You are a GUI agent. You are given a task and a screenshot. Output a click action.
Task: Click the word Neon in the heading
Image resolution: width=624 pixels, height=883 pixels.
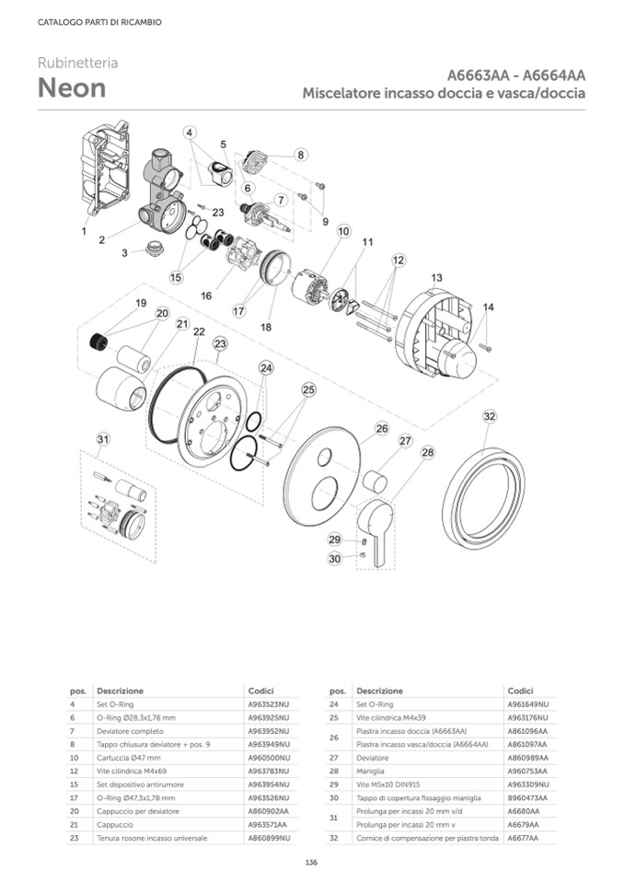(x=72, y=88)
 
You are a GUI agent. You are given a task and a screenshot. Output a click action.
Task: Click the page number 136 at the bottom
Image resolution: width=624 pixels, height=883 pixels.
(x=311, y=862)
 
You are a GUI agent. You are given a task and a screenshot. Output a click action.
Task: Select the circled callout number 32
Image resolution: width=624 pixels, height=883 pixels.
(x=490, y=417)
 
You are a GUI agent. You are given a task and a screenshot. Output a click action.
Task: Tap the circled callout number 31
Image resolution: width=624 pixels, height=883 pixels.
(x=104, y=438)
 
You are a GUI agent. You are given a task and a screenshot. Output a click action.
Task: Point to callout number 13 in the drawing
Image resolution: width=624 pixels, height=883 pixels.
(x=436, y=277)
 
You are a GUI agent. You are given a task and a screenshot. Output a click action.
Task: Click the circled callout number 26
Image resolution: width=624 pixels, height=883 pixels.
(x=382, y=428)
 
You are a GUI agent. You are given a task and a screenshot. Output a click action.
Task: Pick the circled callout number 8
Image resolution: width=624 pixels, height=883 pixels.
(x=301, y=155)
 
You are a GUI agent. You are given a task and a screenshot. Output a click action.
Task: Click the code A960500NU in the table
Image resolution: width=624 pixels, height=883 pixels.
(x=269, y=757)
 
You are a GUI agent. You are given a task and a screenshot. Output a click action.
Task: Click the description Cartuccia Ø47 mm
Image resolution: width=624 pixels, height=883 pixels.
(x=128, y=757)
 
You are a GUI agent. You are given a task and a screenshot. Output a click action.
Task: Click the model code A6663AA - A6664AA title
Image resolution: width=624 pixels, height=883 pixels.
(x=517, y=76)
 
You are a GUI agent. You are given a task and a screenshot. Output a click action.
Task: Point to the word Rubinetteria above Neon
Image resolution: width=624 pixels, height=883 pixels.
(x=77, y=64)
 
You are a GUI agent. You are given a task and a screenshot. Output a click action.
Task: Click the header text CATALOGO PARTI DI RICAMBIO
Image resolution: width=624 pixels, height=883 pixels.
(x=99, y=22)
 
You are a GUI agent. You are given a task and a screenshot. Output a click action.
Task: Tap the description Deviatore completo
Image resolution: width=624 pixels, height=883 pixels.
(x=132, y=730)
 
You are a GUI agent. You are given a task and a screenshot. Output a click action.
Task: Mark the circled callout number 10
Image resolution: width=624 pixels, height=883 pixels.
(x=343, y=231)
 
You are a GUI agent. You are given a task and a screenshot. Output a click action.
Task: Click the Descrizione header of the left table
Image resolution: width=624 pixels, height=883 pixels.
(x=121, y=691)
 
